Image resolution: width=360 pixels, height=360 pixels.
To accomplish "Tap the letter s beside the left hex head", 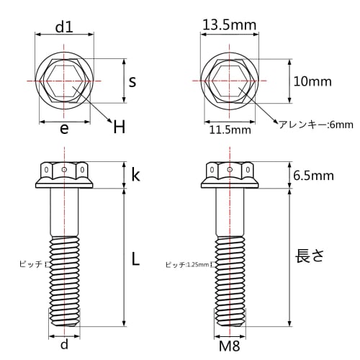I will [x=132, y=81].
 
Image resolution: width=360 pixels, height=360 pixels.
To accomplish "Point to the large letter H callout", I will [x=119, y=128].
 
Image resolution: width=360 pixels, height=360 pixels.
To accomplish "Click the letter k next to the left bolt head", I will [x=135, y=174].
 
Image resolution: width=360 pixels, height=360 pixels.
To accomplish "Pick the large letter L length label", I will [x=135, y=261].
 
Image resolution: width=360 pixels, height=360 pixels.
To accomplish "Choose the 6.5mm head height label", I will [x=315, y=174].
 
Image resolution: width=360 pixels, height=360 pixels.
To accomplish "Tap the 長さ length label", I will [x=311, y=256].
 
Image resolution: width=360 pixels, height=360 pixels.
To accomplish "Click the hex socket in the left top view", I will [x=65, y=82].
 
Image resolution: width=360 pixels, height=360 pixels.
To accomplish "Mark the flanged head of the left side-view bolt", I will [x=65, y=176].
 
